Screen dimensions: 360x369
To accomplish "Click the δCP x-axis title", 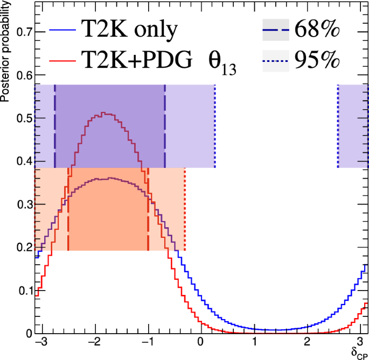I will click(x=358, y=352).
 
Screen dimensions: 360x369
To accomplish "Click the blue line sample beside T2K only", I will click(x=63, y=31).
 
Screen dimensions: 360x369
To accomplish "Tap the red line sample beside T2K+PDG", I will click(x=63, y=61).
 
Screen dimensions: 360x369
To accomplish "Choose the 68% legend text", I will click(x=317, y=31).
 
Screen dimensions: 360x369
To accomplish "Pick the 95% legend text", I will click(x=317, y=61).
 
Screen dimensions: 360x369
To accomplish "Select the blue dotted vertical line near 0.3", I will click(x=215, y=126).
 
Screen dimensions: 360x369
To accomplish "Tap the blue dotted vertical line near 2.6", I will click(x=338, y=126).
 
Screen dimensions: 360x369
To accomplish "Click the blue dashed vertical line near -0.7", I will click(x=165, y=126).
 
